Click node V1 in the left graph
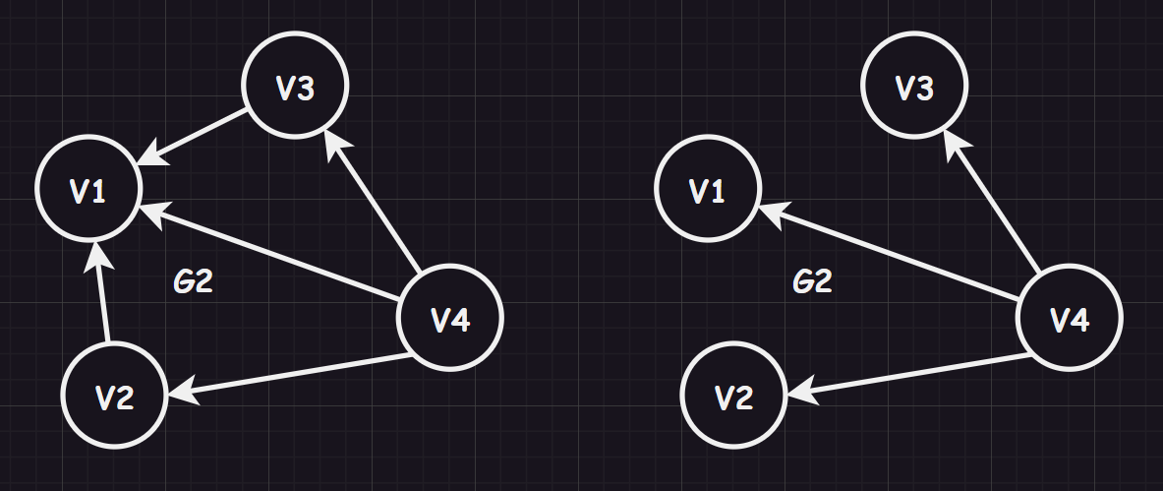[x=87, y=190]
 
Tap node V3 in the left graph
[x=295, y=87]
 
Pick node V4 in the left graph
[x=449, y=318]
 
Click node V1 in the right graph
[x=707, y=190]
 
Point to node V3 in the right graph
[x=914, y=87]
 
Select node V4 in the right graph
[x=1069, y=318]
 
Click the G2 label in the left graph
[x=194, y=282]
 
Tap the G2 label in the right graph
[x=812, y=282]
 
